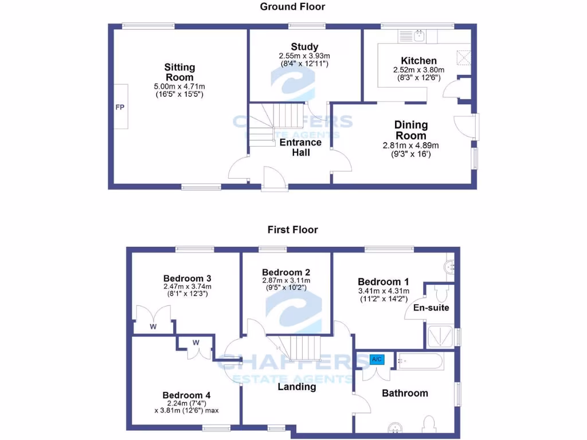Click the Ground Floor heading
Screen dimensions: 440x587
pyautogui.click(x=292, y=7)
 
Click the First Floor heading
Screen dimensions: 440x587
pyautogui.click(x=292, y=230)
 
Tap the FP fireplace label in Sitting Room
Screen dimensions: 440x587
pyautogui.click(x=120, y=108)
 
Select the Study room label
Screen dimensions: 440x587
pyautogui.click(x=304, y=47)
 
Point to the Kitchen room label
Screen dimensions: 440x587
pyautogui.click(x=418, y=61)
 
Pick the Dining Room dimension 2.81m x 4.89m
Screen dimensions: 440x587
pyautogui.click(x=411, y=146)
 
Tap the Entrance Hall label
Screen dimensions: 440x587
pyautogui.click(x=300, y=147)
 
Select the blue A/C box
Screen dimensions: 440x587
pyautogui.click(x=377, y=359)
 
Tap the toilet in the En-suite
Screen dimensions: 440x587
pyautogui.click(x=441, y=294)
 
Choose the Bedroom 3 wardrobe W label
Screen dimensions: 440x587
pyautogui.click(x=154, y=327)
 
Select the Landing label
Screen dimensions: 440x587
pyautogui.click(x=297, y=387)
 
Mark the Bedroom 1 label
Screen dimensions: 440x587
pyautogui.click(x=383, y=282)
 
